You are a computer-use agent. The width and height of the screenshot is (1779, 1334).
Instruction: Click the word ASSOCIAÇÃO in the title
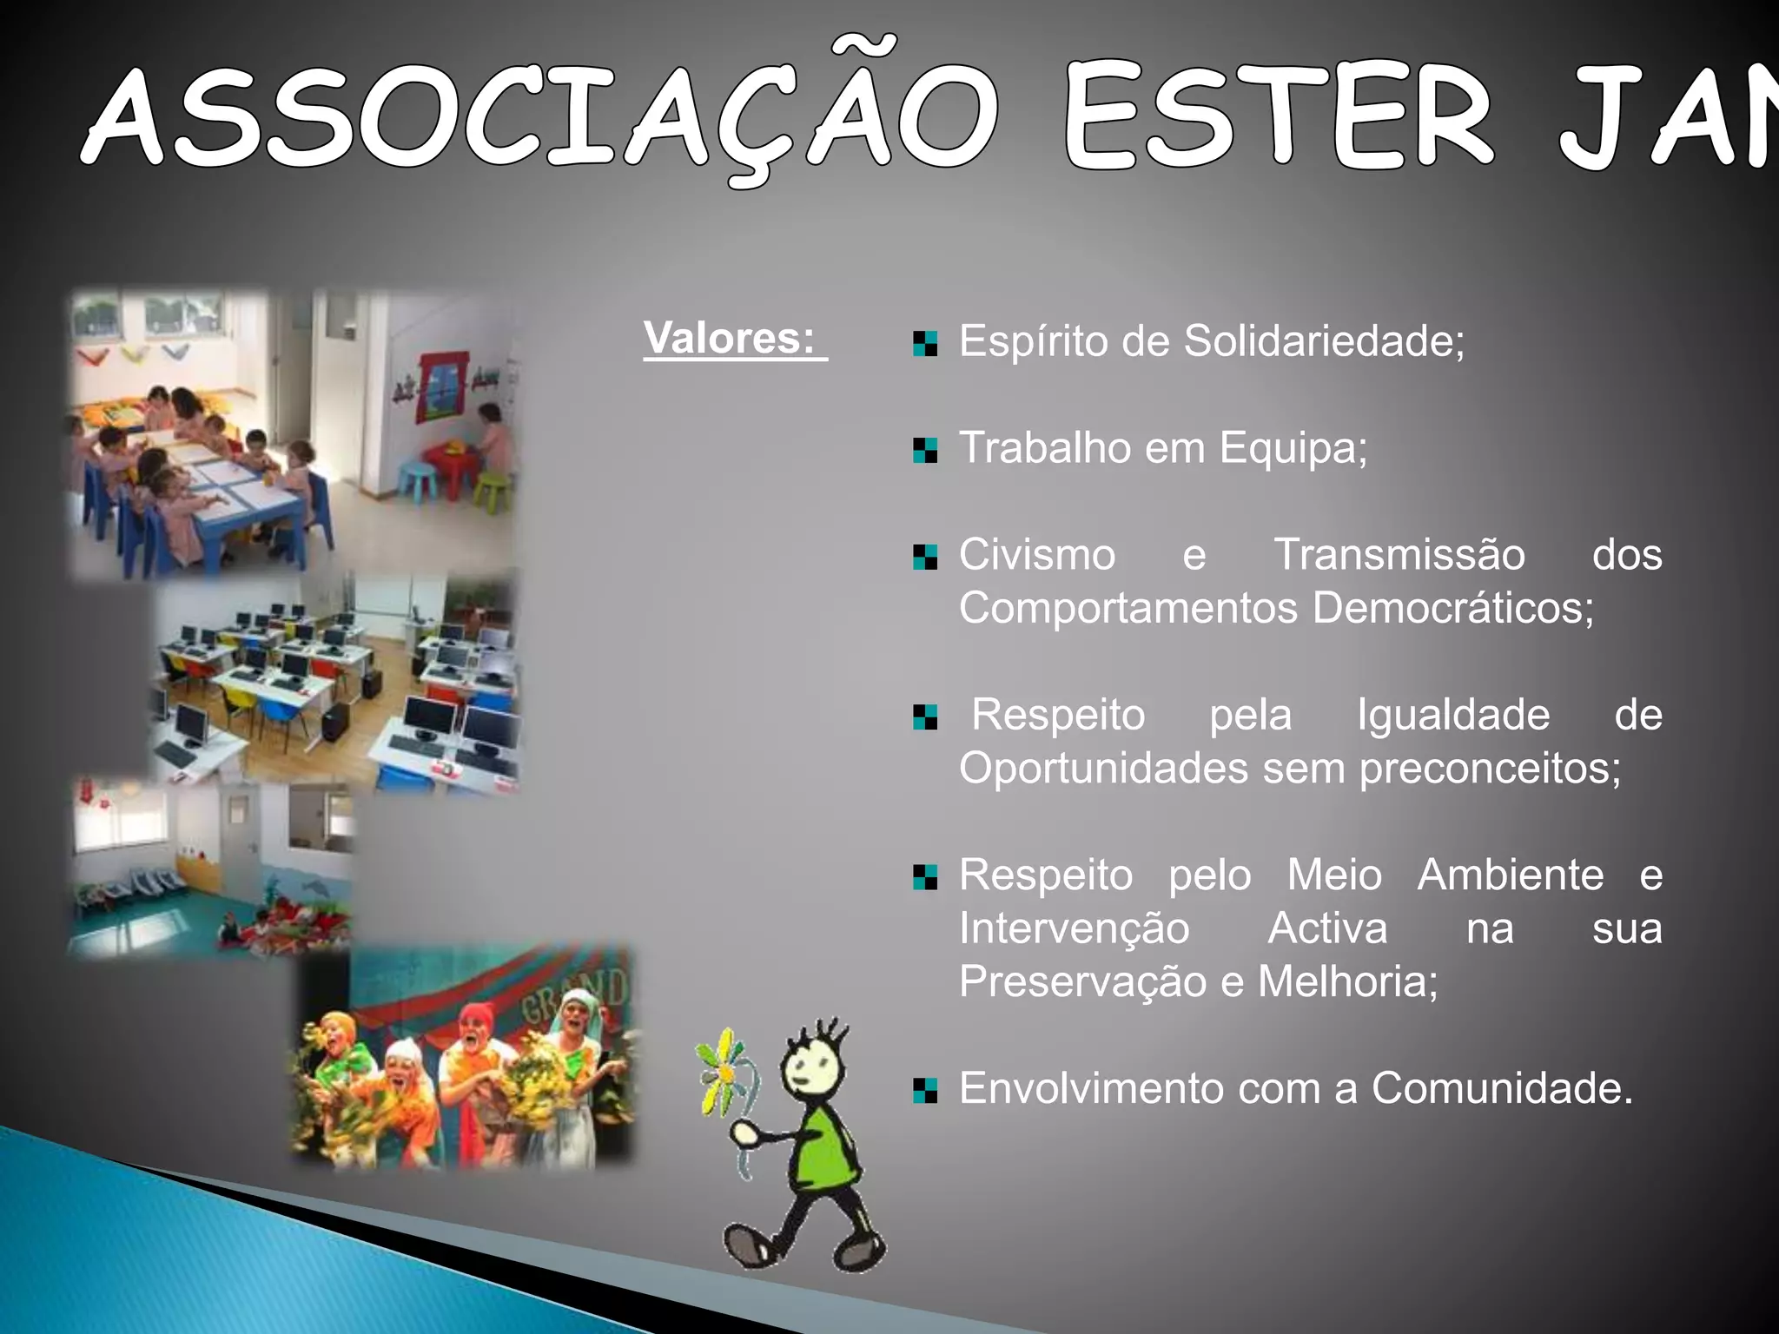(539, 117)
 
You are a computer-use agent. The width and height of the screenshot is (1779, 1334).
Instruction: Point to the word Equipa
(1293, 449)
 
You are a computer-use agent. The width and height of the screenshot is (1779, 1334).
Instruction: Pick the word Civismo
(1037, 555)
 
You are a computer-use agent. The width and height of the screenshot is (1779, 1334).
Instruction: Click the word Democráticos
(1452, 608)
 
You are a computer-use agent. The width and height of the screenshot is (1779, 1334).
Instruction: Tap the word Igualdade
(1453, 716)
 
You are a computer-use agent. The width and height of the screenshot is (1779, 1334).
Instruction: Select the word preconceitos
(1489, 769)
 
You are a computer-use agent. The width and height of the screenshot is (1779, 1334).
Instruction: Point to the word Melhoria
(1346, 982)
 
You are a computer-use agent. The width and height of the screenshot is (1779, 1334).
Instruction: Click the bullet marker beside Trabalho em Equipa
(925, 451)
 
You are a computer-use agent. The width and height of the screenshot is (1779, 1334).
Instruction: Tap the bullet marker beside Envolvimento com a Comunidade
(925, 1090)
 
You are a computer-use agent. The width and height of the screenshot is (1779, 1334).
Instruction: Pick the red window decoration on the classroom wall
(444, 386)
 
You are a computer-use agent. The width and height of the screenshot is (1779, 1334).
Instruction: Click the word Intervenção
(1074, 928)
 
